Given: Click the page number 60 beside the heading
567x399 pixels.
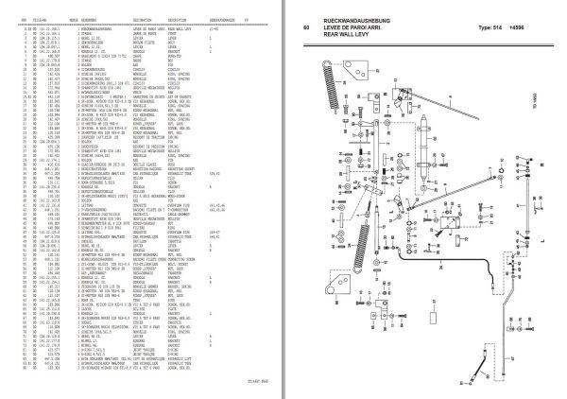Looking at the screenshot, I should tap(305, 26).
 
